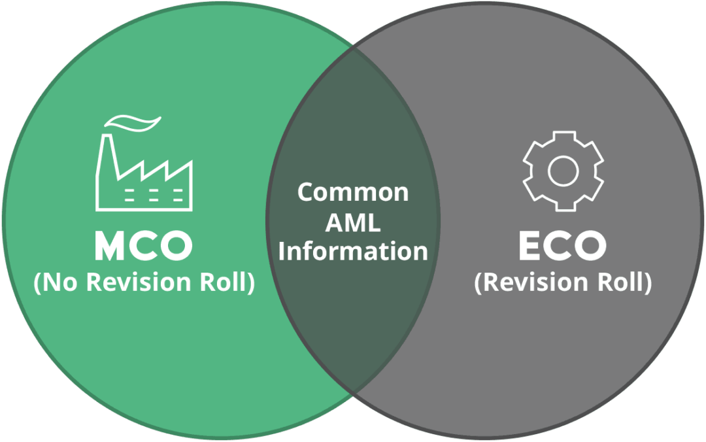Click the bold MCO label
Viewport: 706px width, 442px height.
(144, 246)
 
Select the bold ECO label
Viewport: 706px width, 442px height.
(562, 246)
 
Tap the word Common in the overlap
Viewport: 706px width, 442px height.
(353, 192)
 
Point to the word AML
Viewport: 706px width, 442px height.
(353, 222)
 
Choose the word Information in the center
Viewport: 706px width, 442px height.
(353, 252)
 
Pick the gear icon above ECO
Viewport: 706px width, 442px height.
(562, 171)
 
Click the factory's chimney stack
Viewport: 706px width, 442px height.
(108, 163)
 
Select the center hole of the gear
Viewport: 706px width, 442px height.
(562, 171)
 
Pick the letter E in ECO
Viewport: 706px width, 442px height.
(529, 246)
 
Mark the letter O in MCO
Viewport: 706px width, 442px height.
(175, 246)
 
